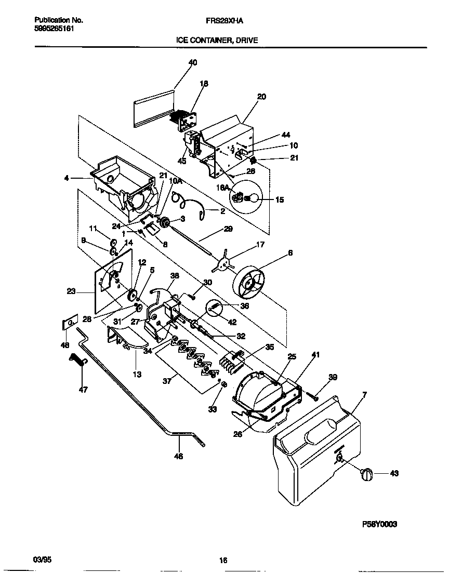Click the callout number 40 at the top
pos(193,62)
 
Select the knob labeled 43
pos(366,474)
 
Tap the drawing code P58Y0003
pos(379,525)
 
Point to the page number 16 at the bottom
pos(223,560)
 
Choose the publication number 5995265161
pos(54,29)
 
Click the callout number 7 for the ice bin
pos(364,395)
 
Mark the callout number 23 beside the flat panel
pos(71,292)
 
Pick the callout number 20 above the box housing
pos(261,97)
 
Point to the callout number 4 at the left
pos(66,178)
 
